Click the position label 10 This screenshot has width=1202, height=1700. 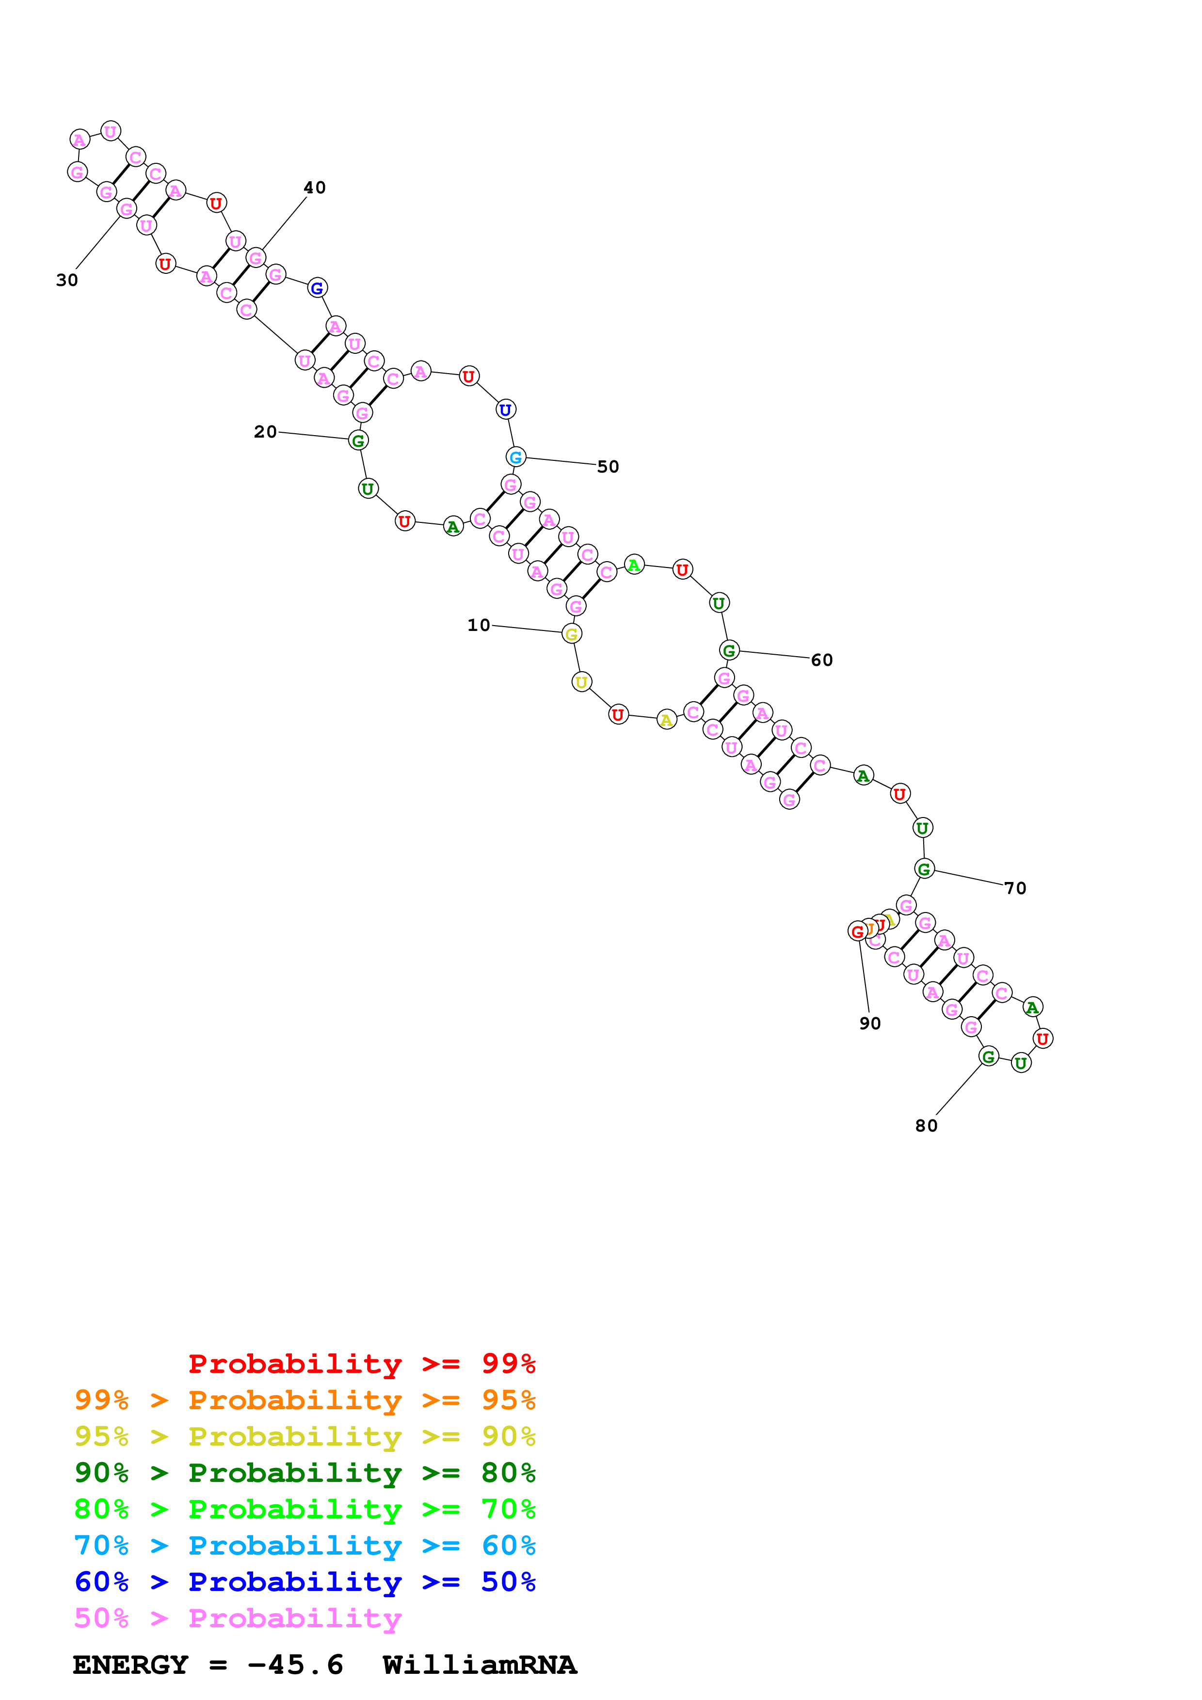pyautogui.click(x=479, y=625)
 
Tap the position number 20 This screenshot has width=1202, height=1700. pyautogui.click(x=265, y=432)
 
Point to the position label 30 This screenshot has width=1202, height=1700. pyautogui.click(x=66, y=280)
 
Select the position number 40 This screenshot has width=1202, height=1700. pyautogui.click(x=315, y=188)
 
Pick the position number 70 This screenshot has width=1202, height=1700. pyautogui.click(x=1015, y=888)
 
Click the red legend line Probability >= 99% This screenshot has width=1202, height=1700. pyautogui.click(x=361, y=1363)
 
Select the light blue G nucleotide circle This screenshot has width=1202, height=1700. pyautogui.click(x=515, y=457)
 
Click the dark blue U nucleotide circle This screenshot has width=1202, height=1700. pyautogui.click(x=505, y=409)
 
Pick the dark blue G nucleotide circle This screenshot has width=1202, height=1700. pyautogui.click(x=317, y=288)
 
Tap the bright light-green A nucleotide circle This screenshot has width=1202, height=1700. pyautogui.click(x=634, y=565)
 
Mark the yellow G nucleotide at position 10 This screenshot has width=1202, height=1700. pyautogui.click(x=571, y=634)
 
